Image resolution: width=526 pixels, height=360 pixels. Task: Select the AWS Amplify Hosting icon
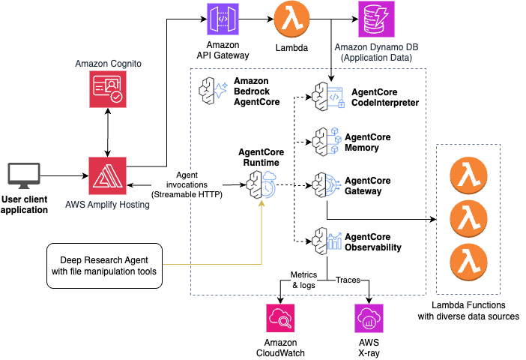click(x=106, y=177)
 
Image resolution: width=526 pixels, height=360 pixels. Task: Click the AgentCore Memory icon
click(x=327, y=140)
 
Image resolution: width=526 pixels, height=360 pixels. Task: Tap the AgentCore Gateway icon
click(x=327, y=184)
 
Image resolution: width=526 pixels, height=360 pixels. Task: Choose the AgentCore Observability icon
click(x=327, y=241)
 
